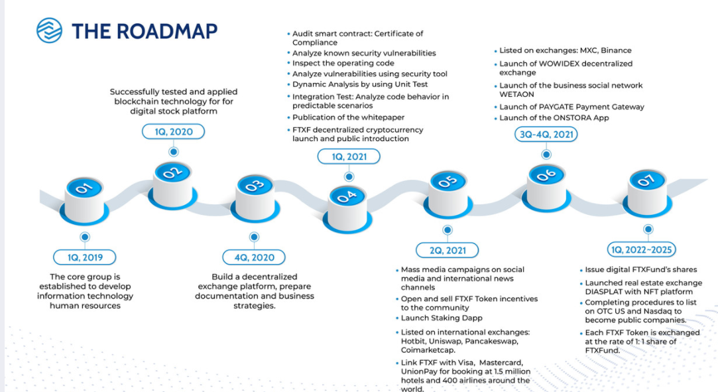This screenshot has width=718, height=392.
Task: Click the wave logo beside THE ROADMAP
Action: (48, 30)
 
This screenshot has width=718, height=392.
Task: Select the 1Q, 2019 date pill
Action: (85, 257)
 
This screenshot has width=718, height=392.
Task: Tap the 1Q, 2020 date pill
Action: (173, 131)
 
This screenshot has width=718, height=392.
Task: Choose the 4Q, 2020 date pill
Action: (253, 257)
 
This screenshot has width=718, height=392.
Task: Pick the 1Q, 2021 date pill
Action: (349, 157)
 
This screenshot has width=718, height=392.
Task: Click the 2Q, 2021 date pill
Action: (448, 250)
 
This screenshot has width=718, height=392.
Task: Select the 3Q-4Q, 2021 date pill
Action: (546, 134)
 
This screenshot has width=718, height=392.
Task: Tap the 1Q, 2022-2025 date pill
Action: (642, 249)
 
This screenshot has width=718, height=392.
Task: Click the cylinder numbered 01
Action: (85, 195)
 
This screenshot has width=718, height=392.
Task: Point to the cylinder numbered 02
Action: (173, 179)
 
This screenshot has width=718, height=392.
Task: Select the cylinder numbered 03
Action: (254, 193)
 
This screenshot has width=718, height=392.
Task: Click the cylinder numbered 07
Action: (646, 187)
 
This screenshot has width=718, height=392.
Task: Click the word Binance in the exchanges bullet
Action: (616, 50)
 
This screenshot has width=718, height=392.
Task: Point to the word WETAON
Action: (516, 95)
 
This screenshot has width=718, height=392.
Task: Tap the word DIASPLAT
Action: (606, 293)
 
